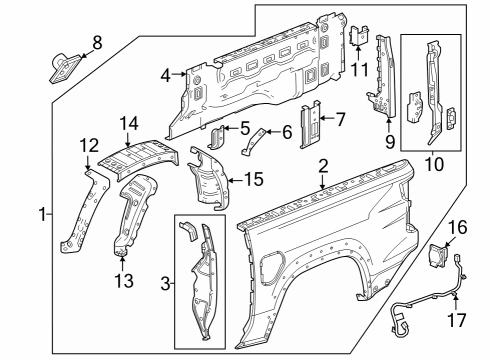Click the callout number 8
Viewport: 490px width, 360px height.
point(96,42)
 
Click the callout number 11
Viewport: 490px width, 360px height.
point(359,69)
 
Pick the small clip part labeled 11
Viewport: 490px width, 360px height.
point(357,35)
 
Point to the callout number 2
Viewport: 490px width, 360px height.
point(322,164)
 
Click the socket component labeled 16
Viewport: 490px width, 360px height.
point(438,255)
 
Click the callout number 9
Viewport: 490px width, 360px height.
point(388,142)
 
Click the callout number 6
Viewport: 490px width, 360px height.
point(286,130)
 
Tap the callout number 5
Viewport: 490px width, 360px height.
point(245,128)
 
